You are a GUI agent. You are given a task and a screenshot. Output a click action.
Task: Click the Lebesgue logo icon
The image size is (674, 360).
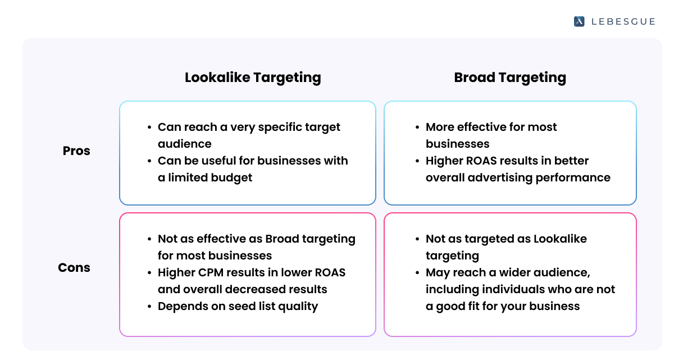[x=579, y=21]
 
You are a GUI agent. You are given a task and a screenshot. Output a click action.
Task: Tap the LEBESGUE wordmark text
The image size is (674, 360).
[x=623, y=21]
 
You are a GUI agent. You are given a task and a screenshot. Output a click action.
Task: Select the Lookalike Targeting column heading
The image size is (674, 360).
[x=253, y=78]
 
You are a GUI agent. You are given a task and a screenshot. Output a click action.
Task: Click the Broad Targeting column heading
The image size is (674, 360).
[x=510, y=78]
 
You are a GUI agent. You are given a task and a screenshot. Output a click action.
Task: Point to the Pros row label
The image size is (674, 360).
[x=76, y=151]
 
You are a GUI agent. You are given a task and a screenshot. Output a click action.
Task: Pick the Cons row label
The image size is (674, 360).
[x=74, y=268]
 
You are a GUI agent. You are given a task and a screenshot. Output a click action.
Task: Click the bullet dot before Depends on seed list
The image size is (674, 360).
[x=149, y=307]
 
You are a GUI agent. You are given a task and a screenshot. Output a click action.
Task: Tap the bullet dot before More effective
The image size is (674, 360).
[x=417, y=127]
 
